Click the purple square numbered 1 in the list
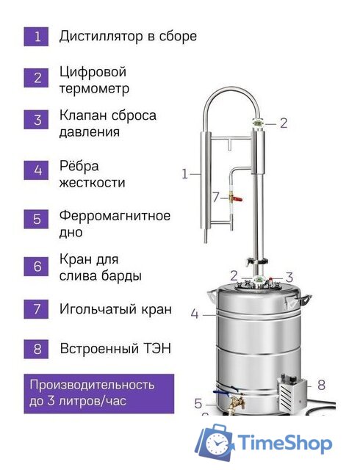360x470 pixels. pyautogui.click(x=37, y=36)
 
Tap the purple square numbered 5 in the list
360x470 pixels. pyautogui.click(x=37, y=220)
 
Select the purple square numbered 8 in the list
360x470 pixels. pyautogui.click(x=37, y=348)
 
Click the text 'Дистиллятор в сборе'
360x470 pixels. pyautogui.click(x=128, y=35)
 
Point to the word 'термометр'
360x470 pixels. pyautogui.click(x=95, y=89)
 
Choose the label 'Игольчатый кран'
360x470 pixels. pyautogui.click(x=115, y=309)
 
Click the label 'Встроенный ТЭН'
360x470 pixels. pyautogui.click(x=115, y=348)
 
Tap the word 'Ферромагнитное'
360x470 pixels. pyautogui.click(x=115, y=216)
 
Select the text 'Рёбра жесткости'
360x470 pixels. pyautogui.click(x=92, y=174)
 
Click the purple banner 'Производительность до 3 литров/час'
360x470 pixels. pyautogui.click(x=98, y=393)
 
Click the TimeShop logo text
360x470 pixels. pyautogui.click(x=287, y=444)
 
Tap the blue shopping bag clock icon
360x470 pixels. pyautogui.click(x=215, y=444)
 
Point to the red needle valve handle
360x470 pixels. pyautogui.click(x=230, y=197)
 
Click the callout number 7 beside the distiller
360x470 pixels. pyautogui.click(x=215, y=197)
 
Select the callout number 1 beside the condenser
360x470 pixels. pyautogui.click(x=184, y=174)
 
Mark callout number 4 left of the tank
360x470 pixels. pyautogui.click(x=194, y=314)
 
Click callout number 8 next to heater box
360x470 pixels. pyautogui.click(x=320, y=383)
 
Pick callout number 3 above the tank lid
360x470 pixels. pyautogui.click(x=289, y=277)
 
